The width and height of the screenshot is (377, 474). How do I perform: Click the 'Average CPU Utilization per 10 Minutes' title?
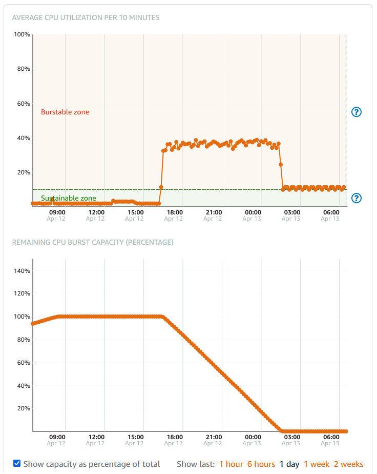[x=86, y=17]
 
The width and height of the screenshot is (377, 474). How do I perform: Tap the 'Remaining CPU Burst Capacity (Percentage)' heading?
[x=93, y=242]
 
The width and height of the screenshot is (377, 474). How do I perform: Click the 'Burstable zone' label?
[x=65, y=112]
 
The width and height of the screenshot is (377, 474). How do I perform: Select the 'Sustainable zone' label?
[x=68, y=198]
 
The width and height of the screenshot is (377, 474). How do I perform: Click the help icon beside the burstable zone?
[x=357, y=112]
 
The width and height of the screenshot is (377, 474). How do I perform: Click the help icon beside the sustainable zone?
[x=357, y=198]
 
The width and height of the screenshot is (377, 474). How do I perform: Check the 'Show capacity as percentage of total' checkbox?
[x=17, y=464]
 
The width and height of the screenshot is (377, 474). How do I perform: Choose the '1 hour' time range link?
[x=231, y=464]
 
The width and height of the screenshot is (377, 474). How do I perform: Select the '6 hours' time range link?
[x=261, y=464]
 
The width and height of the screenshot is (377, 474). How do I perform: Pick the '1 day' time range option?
[x=289, y=464]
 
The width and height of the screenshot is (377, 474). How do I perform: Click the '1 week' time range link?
[x=317, y=464]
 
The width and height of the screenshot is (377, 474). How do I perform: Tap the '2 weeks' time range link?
[x=348, y=464]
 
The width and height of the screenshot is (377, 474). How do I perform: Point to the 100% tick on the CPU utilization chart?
[x=22, y=34]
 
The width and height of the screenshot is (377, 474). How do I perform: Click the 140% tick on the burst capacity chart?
[x=22, y=271]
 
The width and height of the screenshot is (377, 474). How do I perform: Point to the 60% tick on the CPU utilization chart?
[x=23, y=104]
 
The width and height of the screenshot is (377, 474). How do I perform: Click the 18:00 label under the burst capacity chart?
[x=175, y=437]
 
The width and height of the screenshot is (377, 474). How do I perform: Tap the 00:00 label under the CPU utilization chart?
[x=253, y=212]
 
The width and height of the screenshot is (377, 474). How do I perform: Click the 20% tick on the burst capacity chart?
[x=23, y=408]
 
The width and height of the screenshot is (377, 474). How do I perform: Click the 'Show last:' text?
[x=196, y=464]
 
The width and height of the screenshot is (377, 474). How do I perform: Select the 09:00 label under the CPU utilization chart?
[x=57, y=212]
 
